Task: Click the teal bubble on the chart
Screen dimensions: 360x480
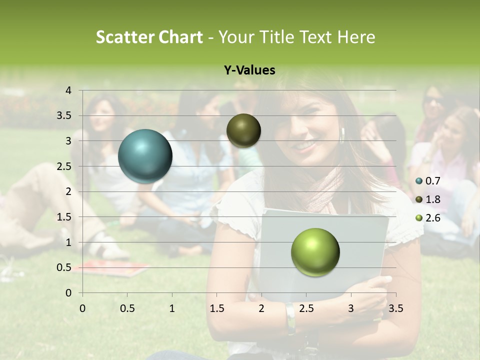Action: (145, 156)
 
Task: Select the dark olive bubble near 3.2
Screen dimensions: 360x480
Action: (243, 130)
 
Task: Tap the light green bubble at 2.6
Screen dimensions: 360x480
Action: (315, 252)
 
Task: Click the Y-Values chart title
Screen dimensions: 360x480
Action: (249, 70)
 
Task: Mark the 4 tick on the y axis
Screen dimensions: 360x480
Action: (68, 90)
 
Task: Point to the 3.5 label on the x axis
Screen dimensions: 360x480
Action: (395, 308)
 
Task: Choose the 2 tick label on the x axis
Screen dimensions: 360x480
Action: (261, 308)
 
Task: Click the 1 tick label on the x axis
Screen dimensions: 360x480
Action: (172, 308)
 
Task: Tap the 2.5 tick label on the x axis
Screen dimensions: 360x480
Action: (306, 308)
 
